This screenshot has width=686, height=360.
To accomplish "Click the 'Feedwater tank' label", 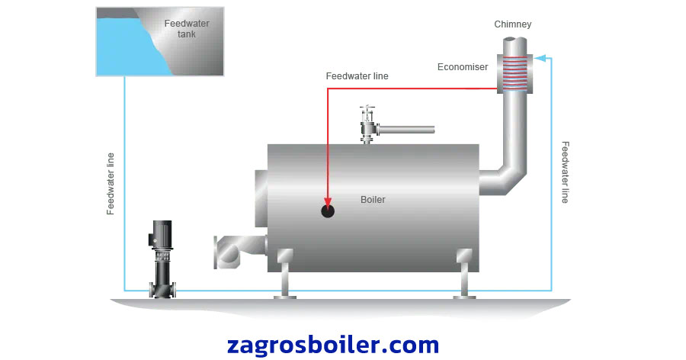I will click(187, 28).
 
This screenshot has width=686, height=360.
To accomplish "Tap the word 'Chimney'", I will click(512, 24).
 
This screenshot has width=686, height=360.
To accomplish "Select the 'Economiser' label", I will click(462, 67).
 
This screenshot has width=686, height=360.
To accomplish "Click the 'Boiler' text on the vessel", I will click(373, 200).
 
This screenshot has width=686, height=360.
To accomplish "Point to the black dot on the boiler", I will click(328, 211).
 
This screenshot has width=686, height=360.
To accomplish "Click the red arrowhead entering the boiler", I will click(328, 201).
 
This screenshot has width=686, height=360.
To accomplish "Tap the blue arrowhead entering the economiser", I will click(539, 56).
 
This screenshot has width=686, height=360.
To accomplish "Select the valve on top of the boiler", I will click(367, 124).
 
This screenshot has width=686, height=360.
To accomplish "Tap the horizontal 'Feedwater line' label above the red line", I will click(357, 76).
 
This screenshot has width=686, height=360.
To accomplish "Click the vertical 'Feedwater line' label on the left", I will click(111, 183).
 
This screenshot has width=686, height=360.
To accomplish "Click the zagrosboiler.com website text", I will click(333, 344).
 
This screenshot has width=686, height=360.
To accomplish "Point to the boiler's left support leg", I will click(285, 275).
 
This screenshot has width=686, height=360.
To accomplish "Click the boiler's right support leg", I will click(463, 275).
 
